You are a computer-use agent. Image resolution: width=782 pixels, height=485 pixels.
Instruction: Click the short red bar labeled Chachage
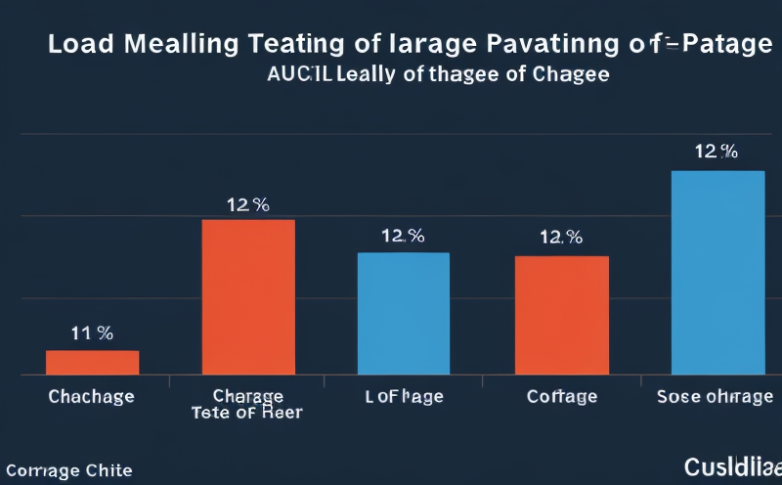pyautogui.click(x=93, y=362)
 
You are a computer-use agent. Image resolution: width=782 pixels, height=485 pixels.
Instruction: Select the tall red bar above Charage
pyautogui.click(x=248, y=297)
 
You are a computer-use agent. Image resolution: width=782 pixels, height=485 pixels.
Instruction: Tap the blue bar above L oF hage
pyautogui.click(x=404, y=313)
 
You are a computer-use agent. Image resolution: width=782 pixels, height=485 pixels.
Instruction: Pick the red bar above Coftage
pyautogui.click(x=562, y=315)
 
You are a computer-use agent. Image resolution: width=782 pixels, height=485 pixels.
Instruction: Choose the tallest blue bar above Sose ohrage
pyautogui.click(x=717, y=273)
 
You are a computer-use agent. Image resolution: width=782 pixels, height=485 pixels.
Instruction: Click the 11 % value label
pyautogui.click(x=92, y=333)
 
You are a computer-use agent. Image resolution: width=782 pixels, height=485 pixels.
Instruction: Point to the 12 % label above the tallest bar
pyautogui.click(x=716, y=152)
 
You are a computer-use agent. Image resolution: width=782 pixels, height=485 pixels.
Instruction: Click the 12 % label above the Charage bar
pyautogui.click(x=248, y=204)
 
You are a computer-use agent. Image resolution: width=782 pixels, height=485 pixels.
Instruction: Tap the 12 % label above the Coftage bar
pyautogui.click(x=561, y=237)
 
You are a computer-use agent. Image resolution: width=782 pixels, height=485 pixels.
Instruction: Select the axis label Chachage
pyautogui.click(x=91, y=397)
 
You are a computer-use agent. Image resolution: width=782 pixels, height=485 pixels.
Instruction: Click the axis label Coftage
pyautogui.click(x=561, y=397)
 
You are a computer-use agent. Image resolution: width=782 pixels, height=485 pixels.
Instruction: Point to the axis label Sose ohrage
pyautogui.click(x=717, y=397)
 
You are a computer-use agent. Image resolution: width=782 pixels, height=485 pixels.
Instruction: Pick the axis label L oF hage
pyautogui.click(x=404, y=397)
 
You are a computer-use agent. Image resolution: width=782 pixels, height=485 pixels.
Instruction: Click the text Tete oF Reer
pyautogui.click(x=247, y=414)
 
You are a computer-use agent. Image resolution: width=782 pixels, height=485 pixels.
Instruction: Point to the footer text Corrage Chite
pyautogui.click(x=66, y=471)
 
